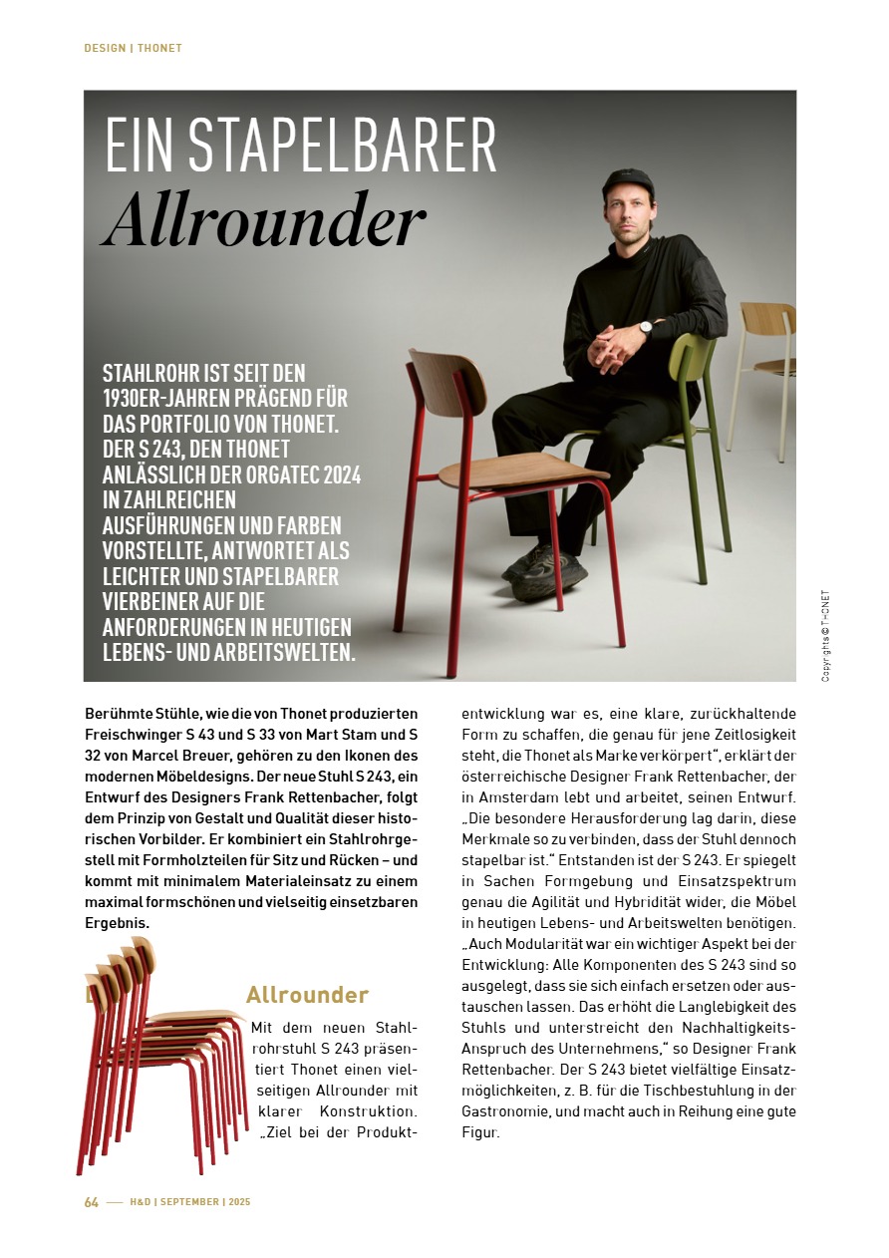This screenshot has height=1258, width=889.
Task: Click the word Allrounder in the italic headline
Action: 264,221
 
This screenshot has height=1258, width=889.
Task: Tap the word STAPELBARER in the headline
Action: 341,146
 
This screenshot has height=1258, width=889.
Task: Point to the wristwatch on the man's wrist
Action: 645,328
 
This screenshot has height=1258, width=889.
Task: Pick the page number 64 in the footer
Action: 91,1202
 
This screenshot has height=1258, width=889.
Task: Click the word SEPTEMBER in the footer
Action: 189,1202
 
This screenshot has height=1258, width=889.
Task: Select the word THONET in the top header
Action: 159,48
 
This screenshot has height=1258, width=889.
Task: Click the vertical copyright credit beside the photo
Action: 825,637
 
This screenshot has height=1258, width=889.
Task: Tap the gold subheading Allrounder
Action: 307,995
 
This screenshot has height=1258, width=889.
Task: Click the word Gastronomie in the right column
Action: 508,1110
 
